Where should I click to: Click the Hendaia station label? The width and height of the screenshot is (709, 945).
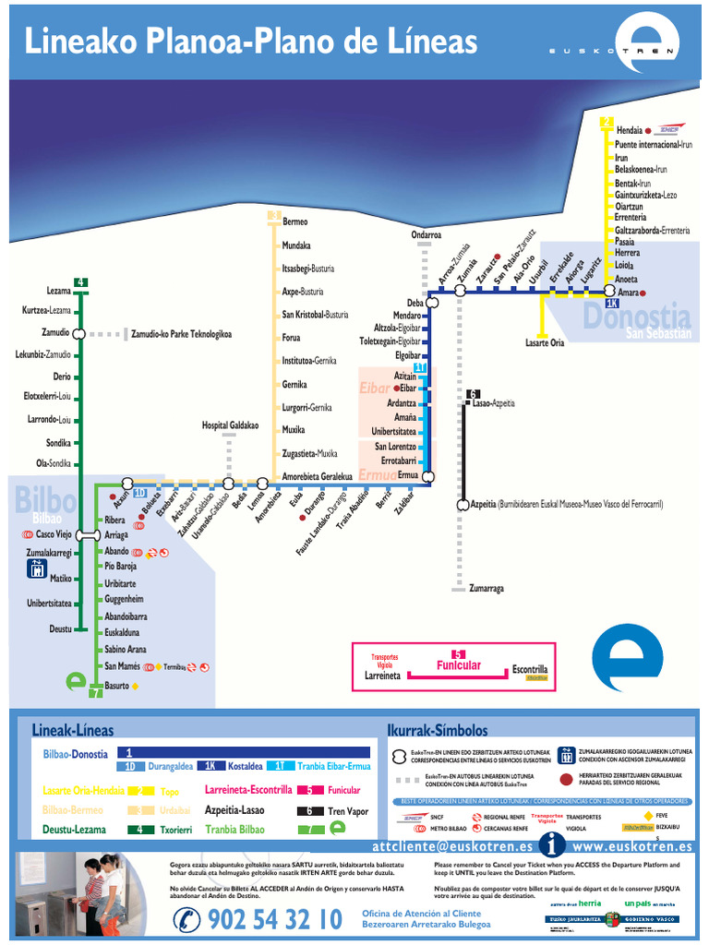click(x=629, y=131)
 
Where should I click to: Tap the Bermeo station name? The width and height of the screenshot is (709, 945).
click(x=294, y=221)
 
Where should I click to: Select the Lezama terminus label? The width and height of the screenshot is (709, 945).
click(x=58, y=291)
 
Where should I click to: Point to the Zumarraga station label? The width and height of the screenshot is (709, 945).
click(x=486, y=588)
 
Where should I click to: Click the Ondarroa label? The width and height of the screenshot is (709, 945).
click(x=426, y=235)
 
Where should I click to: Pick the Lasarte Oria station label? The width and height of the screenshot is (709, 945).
click(x=544, y=342)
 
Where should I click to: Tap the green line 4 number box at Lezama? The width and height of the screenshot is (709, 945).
click(x=81, y=282)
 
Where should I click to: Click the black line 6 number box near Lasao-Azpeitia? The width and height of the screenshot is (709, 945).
click(x=474, y=394)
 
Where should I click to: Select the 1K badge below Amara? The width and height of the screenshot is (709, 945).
click(x=611, y=303)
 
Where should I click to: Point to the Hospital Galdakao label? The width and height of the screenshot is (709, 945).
click(x=230, y=425)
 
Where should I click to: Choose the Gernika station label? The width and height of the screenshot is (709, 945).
click(x=294, y=384)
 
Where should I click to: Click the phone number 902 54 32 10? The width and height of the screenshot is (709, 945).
click(x=274, y=919)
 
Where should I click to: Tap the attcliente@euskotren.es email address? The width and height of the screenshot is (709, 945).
click(x=452, y=845)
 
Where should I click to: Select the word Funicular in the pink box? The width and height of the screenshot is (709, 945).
click(x=459, y=665)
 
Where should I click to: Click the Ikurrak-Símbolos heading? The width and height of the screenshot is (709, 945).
click(x=437, y=730)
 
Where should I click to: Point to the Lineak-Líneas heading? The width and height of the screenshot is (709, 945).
click(x=73, y=730)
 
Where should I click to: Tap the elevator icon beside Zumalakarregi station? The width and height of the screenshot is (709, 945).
click(x=36, y=568)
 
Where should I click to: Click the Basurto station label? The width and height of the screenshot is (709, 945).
click(x=116, y=686)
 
